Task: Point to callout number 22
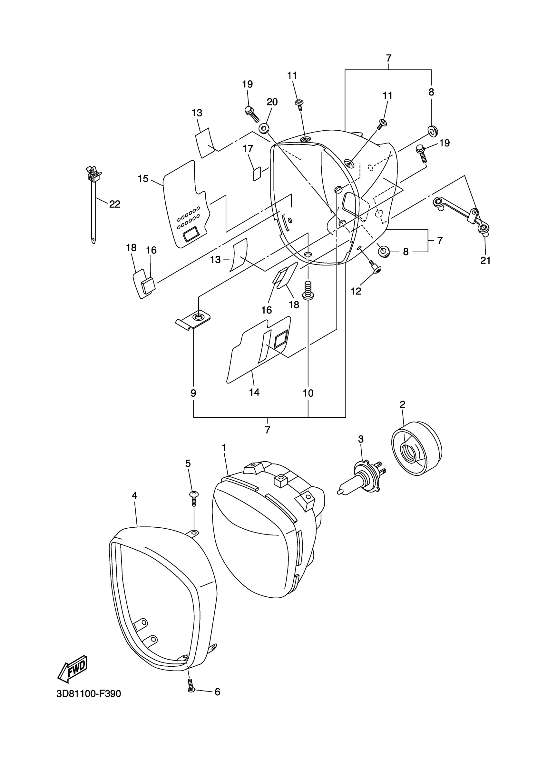point(115,204)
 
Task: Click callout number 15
point(143,179)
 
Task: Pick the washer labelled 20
point(264,128)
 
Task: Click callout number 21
point(485,260)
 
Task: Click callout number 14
point(254,392)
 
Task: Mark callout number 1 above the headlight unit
point(224,448)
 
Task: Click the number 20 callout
point(272,102)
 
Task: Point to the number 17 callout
point(248,149)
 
